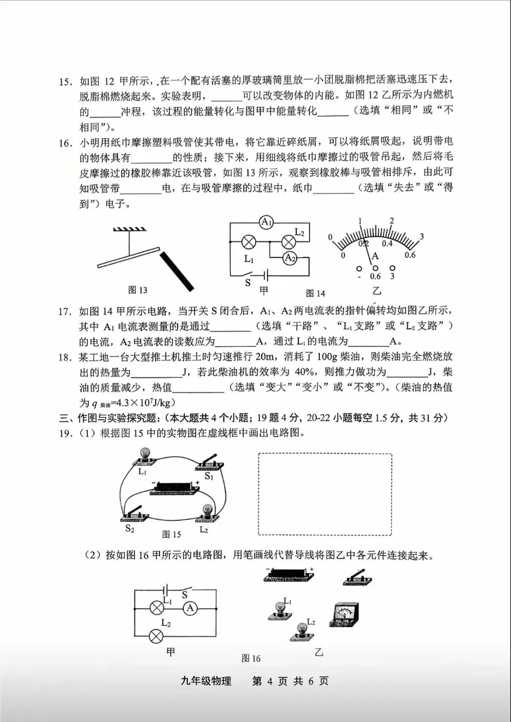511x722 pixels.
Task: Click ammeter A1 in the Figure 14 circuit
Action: coord(267,222)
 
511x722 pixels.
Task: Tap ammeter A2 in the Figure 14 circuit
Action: coord(290,258)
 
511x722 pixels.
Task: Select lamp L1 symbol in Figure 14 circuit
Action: coord(249,242)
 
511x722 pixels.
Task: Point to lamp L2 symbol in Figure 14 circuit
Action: coord(289,242)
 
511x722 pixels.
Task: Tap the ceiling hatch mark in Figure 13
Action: coord(130,229)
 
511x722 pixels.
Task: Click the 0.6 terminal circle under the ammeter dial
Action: coord(375,268)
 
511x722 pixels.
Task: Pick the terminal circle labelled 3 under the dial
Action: coord(392,268)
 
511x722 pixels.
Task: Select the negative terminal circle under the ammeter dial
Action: coord(359,268)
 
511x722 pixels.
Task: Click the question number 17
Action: coord(64,311)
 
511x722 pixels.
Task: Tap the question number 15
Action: coord(65,82)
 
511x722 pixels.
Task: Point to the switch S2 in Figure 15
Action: coord(134,514)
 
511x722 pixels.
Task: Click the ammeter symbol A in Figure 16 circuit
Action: coord(190,608)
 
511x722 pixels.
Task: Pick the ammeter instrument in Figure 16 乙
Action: coord(344,614)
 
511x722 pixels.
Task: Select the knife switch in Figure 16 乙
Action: coord(357,578)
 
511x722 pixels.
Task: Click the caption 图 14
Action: coord(315,293)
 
